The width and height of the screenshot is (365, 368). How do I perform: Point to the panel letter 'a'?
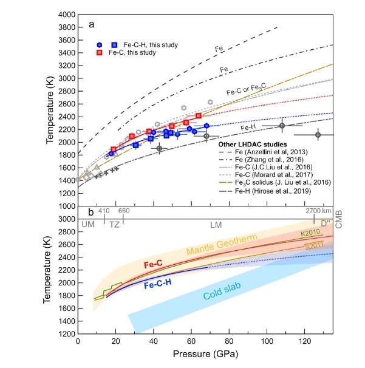coord(91,25)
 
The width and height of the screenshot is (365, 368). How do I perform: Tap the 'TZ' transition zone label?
coord(114,224)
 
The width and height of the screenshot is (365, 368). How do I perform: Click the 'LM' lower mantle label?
coord(216,224)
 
